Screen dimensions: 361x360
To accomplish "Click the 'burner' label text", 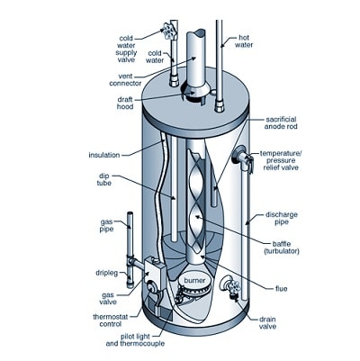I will click(x=195, y=282).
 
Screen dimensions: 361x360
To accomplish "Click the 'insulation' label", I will click(x=104, y=153).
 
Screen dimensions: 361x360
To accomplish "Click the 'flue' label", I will click(x=281, y=288).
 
